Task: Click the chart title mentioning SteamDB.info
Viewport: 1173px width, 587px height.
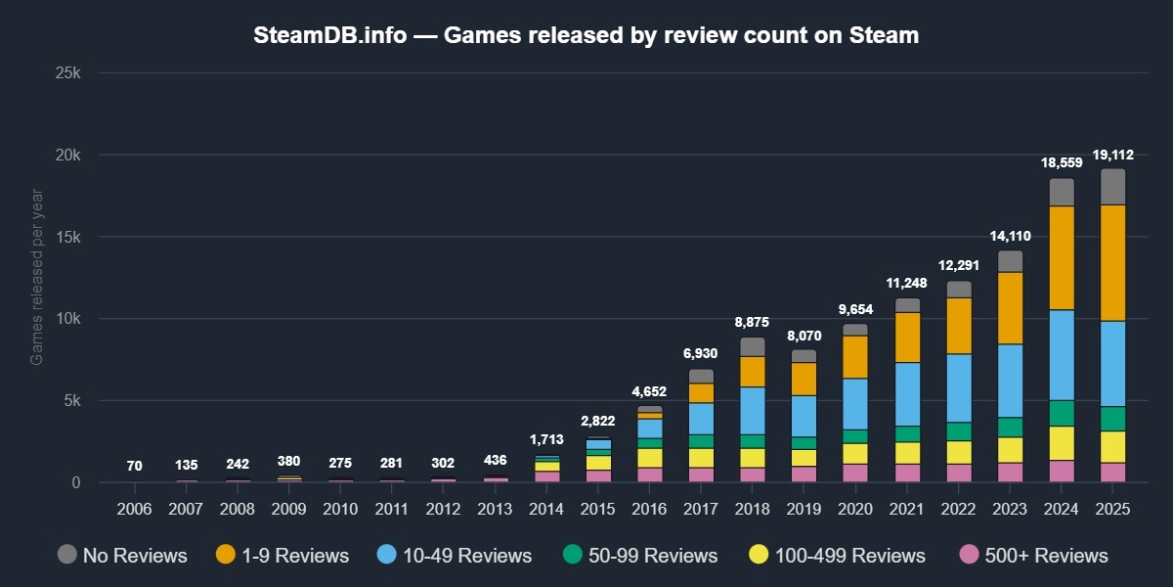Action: click(586, 35)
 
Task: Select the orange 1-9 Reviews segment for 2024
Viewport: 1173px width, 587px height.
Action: click(1062, 258)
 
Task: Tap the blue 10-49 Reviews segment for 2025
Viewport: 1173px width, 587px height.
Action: click(1112, 363)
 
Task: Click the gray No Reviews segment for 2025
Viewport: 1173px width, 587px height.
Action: click(1112, 187)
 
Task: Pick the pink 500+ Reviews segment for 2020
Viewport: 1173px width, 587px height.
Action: click(855, 473)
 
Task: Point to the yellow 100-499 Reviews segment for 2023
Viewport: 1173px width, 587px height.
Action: click(1010, 450)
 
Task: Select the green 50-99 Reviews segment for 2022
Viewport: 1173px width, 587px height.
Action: click(959, 431)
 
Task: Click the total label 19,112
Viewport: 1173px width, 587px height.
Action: click(1112, 155)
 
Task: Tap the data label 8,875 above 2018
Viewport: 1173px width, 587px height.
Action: click(752, 321)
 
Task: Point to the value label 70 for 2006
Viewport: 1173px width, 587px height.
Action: click(135, 466)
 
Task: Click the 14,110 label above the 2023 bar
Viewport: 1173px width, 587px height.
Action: click(1010, 235)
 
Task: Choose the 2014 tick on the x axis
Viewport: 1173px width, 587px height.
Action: click(546, 509)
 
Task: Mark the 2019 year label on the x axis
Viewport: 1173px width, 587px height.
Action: click(804, 509)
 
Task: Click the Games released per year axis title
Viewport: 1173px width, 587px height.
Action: click(37, 278)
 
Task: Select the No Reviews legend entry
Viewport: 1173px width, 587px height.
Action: click(122, 556)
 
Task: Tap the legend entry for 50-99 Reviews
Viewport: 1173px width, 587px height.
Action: click(640, 556)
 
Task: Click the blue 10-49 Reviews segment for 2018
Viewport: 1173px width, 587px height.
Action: click(752, 410)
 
